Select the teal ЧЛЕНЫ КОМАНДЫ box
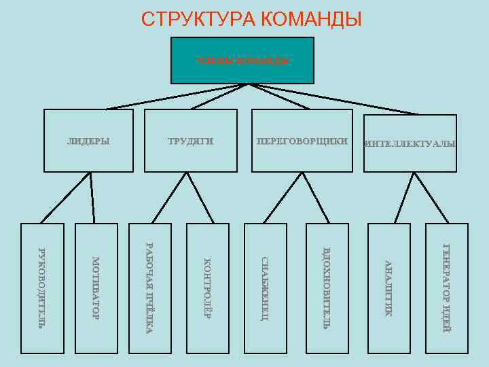click(x=242, y=60)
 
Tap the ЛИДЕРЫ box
click(x=88, y=141)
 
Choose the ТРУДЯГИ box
click(x=191, y=141)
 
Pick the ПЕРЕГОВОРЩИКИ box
click(x=302, y=141)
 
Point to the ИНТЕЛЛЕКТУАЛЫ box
click(x=410, y=143)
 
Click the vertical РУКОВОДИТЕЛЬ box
click(x=42, y=288)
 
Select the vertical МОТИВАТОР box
click(x=96, y=288)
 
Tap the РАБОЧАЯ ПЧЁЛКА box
click(x=150, y=288)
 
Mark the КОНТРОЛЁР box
click(x=207, y=288)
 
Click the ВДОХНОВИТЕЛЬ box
click(x=325, y=288)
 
